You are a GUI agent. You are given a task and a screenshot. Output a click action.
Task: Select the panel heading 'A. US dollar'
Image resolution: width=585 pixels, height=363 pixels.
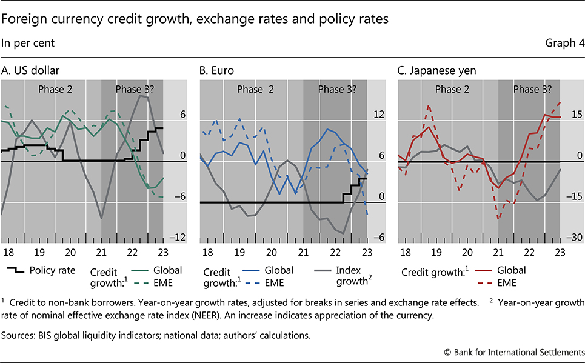(30, 70)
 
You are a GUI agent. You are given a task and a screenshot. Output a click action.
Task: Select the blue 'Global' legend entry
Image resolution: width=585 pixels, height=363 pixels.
(275, 270)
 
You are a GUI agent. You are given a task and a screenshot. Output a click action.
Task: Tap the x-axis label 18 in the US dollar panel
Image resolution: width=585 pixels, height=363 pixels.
(8, 252)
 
